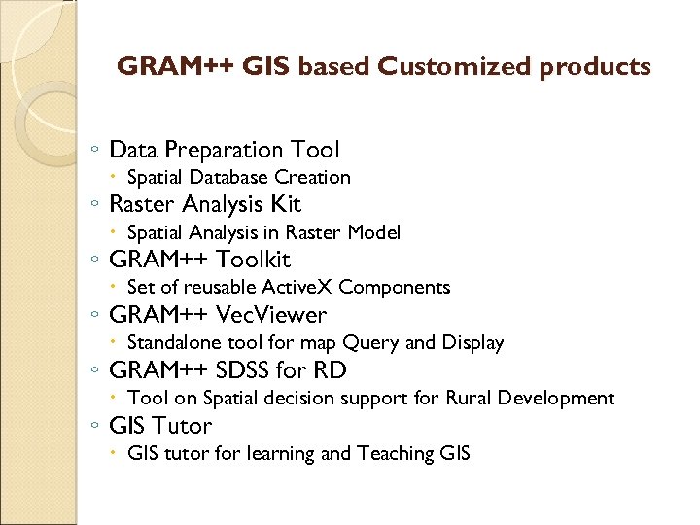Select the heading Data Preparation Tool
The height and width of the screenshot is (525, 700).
tap(225, 150)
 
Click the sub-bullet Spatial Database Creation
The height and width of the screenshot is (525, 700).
tap(239, 177)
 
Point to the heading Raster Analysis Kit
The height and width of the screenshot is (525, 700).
tap(205, 204)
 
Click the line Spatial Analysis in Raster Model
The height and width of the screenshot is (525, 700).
tap(263, 232)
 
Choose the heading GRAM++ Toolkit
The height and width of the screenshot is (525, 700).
tap(199, 260)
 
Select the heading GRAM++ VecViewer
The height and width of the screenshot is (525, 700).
tap(218, 315)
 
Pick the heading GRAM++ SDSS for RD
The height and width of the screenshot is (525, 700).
tap(227, 370)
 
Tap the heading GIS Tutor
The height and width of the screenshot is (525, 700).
tap(161, 425)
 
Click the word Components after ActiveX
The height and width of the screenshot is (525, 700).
tap(395, 287)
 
